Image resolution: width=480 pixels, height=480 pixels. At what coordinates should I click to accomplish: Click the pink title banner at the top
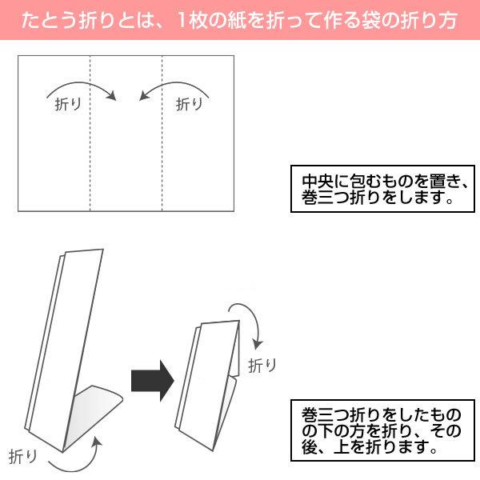pos(240,20)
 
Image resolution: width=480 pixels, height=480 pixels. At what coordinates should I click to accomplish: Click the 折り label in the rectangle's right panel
pos(189,103)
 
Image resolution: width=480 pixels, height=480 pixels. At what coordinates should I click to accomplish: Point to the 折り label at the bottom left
pos(22,457)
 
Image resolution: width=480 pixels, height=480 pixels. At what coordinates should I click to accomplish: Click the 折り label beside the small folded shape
pos(262,366)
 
